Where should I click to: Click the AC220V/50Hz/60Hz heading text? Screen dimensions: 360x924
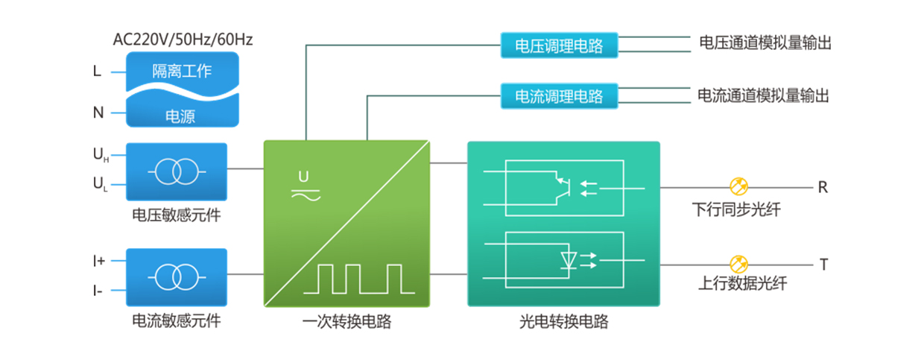coord(183,40)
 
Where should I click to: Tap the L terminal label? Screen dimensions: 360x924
coord(97,72)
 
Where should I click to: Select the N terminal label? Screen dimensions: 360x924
coord(98,113)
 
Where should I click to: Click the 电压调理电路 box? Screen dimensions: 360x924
coord(559,45)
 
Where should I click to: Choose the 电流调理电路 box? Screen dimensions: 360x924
coord(559,96)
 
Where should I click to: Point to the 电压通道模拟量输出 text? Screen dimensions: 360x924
coord(765,43)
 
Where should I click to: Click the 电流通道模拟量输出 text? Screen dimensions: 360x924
coord(764,95)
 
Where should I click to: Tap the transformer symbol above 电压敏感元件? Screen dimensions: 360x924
coord(177,172)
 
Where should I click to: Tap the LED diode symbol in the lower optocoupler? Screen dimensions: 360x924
coord(568,260)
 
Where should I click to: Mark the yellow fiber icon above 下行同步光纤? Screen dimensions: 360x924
coord(738,186)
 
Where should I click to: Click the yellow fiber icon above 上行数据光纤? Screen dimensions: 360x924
coord(738,264)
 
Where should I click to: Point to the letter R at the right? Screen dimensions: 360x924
coord(823,188)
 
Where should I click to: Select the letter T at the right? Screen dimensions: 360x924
coord(823,265)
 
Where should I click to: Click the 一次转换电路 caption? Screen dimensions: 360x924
coord(347,323)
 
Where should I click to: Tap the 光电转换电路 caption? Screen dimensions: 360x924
coord(563,323)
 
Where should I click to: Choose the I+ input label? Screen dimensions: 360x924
coord(99,262)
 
